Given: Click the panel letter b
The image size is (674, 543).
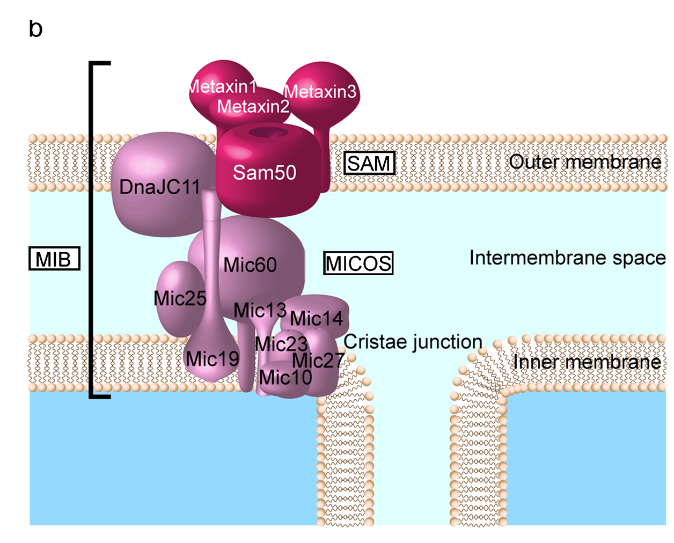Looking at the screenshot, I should (35, 28).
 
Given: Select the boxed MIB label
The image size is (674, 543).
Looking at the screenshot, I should (54, 259).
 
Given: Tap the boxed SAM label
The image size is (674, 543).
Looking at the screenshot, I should (369, 163).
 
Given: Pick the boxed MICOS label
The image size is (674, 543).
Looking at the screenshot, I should (358, 263).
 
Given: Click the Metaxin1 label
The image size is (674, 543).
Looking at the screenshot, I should (223, 86).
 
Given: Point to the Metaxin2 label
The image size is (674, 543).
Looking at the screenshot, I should (253, 106).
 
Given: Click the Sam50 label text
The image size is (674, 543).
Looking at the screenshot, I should (264, 172).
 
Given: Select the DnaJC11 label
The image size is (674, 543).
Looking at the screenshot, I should (159, 187).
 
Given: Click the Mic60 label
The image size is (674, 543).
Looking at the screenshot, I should (250, 265).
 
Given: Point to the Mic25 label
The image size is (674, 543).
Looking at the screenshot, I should (180, 298).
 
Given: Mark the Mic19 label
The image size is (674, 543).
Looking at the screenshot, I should (213, 358).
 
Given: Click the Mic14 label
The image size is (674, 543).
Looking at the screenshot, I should (316, 319).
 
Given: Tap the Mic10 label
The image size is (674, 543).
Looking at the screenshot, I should (285, 378).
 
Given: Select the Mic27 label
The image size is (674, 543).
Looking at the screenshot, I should (318, 361).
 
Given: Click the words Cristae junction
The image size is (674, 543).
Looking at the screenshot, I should (413, 342).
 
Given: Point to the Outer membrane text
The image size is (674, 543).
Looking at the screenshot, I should (585, 162).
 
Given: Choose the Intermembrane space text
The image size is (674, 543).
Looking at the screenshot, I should (567, 258).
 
